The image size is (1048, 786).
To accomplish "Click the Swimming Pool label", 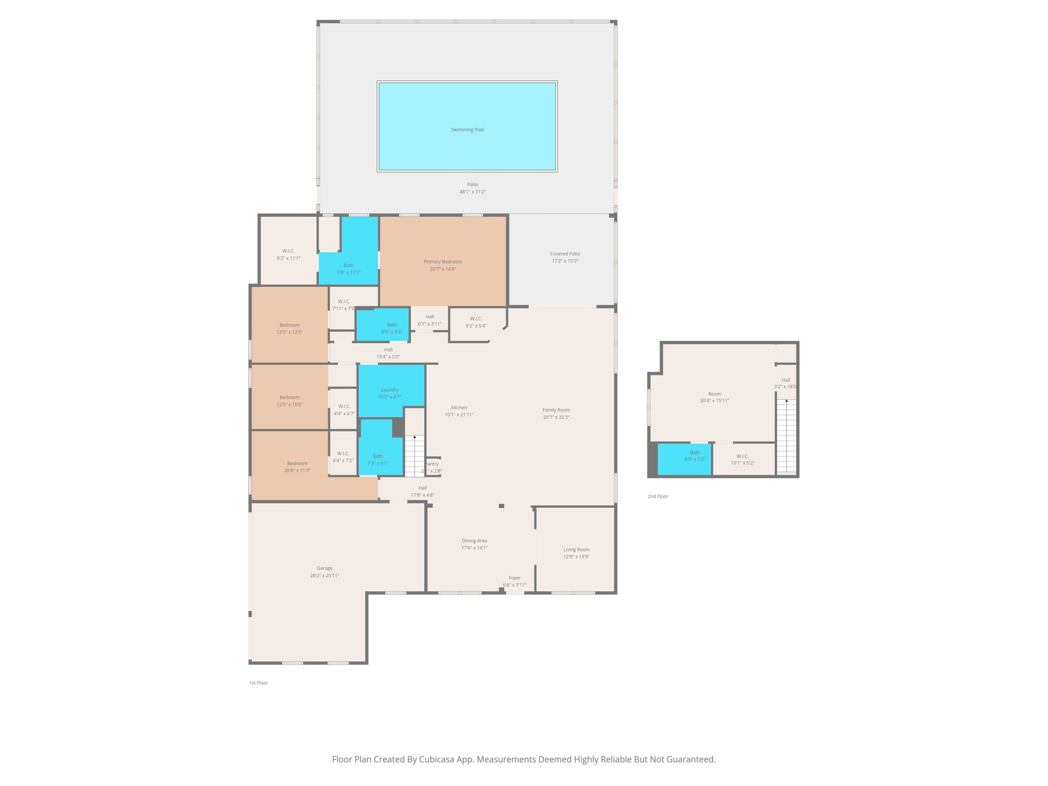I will point(467,129).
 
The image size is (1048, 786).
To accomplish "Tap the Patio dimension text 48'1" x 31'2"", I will point(472,192).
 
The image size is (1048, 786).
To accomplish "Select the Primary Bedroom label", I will point(443,261).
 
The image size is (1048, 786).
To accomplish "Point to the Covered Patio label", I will point(565,254).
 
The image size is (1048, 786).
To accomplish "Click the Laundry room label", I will point(389,390).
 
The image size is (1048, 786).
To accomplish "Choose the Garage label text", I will point(324,568).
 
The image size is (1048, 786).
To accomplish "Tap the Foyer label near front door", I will point(514,578).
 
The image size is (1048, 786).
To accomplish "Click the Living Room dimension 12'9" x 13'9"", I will point(576,557).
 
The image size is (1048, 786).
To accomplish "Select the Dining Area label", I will point(474,540).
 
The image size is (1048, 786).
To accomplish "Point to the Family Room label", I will point(556,410).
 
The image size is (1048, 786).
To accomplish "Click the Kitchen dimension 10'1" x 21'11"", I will point(459,415).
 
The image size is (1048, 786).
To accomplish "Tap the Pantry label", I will point(433,464).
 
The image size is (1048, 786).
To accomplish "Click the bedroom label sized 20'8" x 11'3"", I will point(297,463).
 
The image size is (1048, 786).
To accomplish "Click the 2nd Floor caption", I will point(658,496).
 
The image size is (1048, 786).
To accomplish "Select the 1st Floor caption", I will point(258,683).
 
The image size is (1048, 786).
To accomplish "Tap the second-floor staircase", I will point(787,435).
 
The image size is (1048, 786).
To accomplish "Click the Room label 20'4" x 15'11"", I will point(714,394).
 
